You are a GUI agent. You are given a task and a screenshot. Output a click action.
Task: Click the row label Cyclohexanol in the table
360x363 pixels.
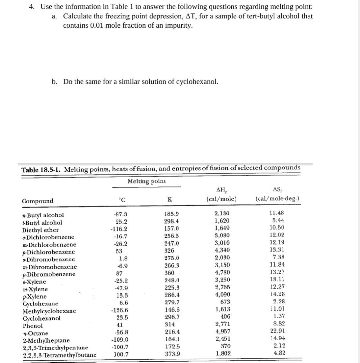click(x=41, y=318)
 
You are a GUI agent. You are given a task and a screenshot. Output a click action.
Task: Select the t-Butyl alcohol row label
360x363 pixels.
click(x=42, y=223)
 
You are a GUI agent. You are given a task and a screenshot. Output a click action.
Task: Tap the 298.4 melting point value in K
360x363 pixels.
click(x=171, y=221)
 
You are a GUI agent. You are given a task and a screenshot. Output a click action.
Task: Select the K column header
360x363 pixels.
click(x=169, y=200)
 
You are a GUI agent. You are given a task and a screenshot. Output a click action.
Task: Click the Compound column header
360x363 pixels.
click(x=38, y=201)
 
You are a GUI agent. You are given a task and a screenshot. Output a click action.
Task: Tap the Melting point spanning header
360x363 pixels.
click(x=146, y=181)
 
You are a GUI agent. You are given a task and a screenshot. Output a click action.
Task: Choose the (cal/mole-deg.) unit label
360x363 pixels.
click(x=277, y=199)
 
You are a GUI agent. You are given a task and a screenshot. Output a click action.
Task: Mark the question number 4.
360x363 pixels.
click(x=32, y=7)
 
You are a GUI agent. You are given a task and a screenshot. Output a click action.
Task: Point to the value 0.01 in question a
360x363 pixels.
click(x=96, y=26)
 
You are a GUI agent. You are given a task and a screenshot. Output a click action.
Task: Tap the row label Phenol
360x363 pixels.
click(x=33, y=326)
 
